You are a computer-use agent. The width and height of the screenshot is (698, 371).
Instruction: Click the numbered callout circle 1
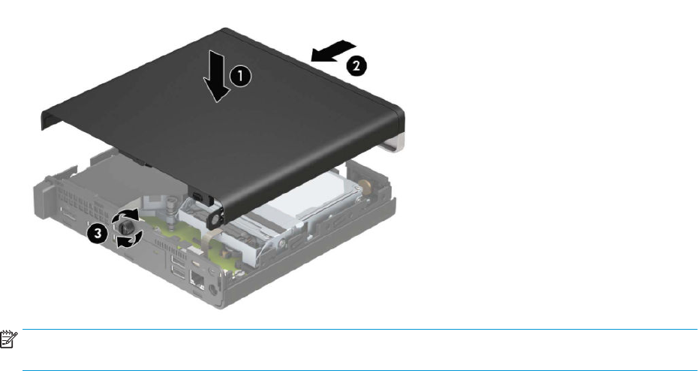[240, 77]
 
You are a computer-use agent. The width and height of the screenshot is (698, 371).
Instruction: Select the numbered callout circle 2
[357, 67]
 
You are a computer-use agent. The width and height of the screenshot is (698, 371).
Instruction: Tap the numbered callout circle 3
[98, 234]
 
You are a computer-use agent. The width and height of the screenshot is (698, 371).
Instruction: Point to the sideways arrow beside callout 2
[333, 51]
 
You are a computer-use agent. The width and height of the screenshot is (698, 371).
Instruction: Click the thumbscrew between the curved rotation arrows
[126, 228]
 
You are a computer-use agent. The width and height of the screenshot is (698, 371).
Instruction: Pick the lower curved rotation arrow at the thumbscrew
[130, 239]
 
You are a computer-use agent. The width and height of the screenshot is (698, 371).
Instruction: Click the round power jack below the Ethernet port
[213, 289]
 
